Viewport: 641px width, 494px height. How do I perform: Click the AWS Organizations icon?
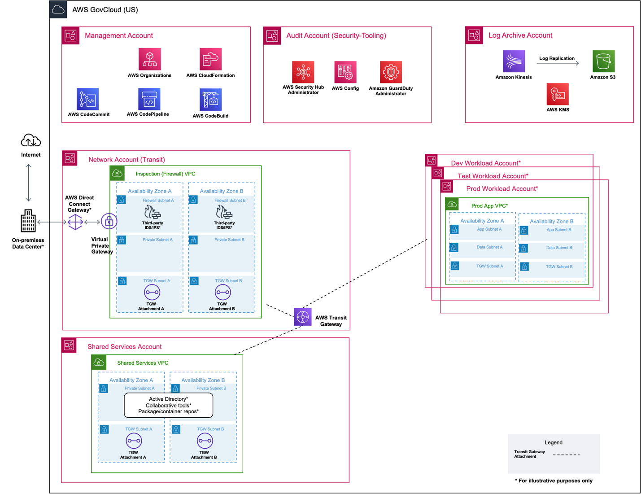point(150,59)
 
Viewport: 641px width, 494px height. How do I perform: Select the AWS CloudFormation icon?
point(210,59)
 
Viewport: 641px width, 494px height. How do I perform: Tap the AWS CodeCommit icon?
point(88,99)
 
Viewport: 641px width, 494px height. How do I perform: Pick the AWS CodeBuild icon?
point(210,100)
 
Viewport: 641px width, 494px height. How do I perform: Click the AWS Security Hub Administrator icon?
point(303,72)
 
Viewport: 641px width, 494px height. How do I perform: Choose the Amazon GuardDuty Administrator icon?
point(391,72)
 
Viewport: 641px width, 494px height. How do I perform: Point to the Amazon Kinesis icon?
point(514,61)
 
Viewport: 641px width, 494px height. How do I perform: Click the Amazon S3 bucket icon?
point(603,61)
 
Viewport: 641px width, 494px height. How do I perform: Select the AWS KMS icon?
point(558,94)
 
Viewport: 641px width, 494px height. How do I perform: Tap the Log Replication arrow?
point(558,63)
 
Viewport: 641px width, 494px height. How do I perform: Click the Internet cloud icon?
point(31,141)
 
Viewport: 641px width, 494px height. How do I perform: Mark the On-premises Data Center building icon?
point(28,221)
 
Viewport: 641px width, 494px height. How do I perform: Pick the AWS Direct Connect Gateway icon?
point(75,222)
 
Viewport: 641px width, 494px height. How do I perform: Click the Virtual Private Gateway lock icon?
point(109,221)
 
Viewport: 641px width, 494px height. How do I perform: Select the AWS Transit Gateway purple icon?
point(303,317)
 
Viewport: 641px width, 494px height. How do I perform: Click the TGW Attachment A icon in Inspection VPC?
point(152,293)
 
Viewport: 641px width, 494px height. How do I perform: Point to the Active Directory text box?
point(168,405)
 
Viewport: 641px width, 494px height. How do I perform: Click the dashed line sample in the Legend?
point(566,455)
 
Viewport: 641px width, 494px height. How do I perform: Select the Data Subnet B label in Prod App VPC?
point(559,248)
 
